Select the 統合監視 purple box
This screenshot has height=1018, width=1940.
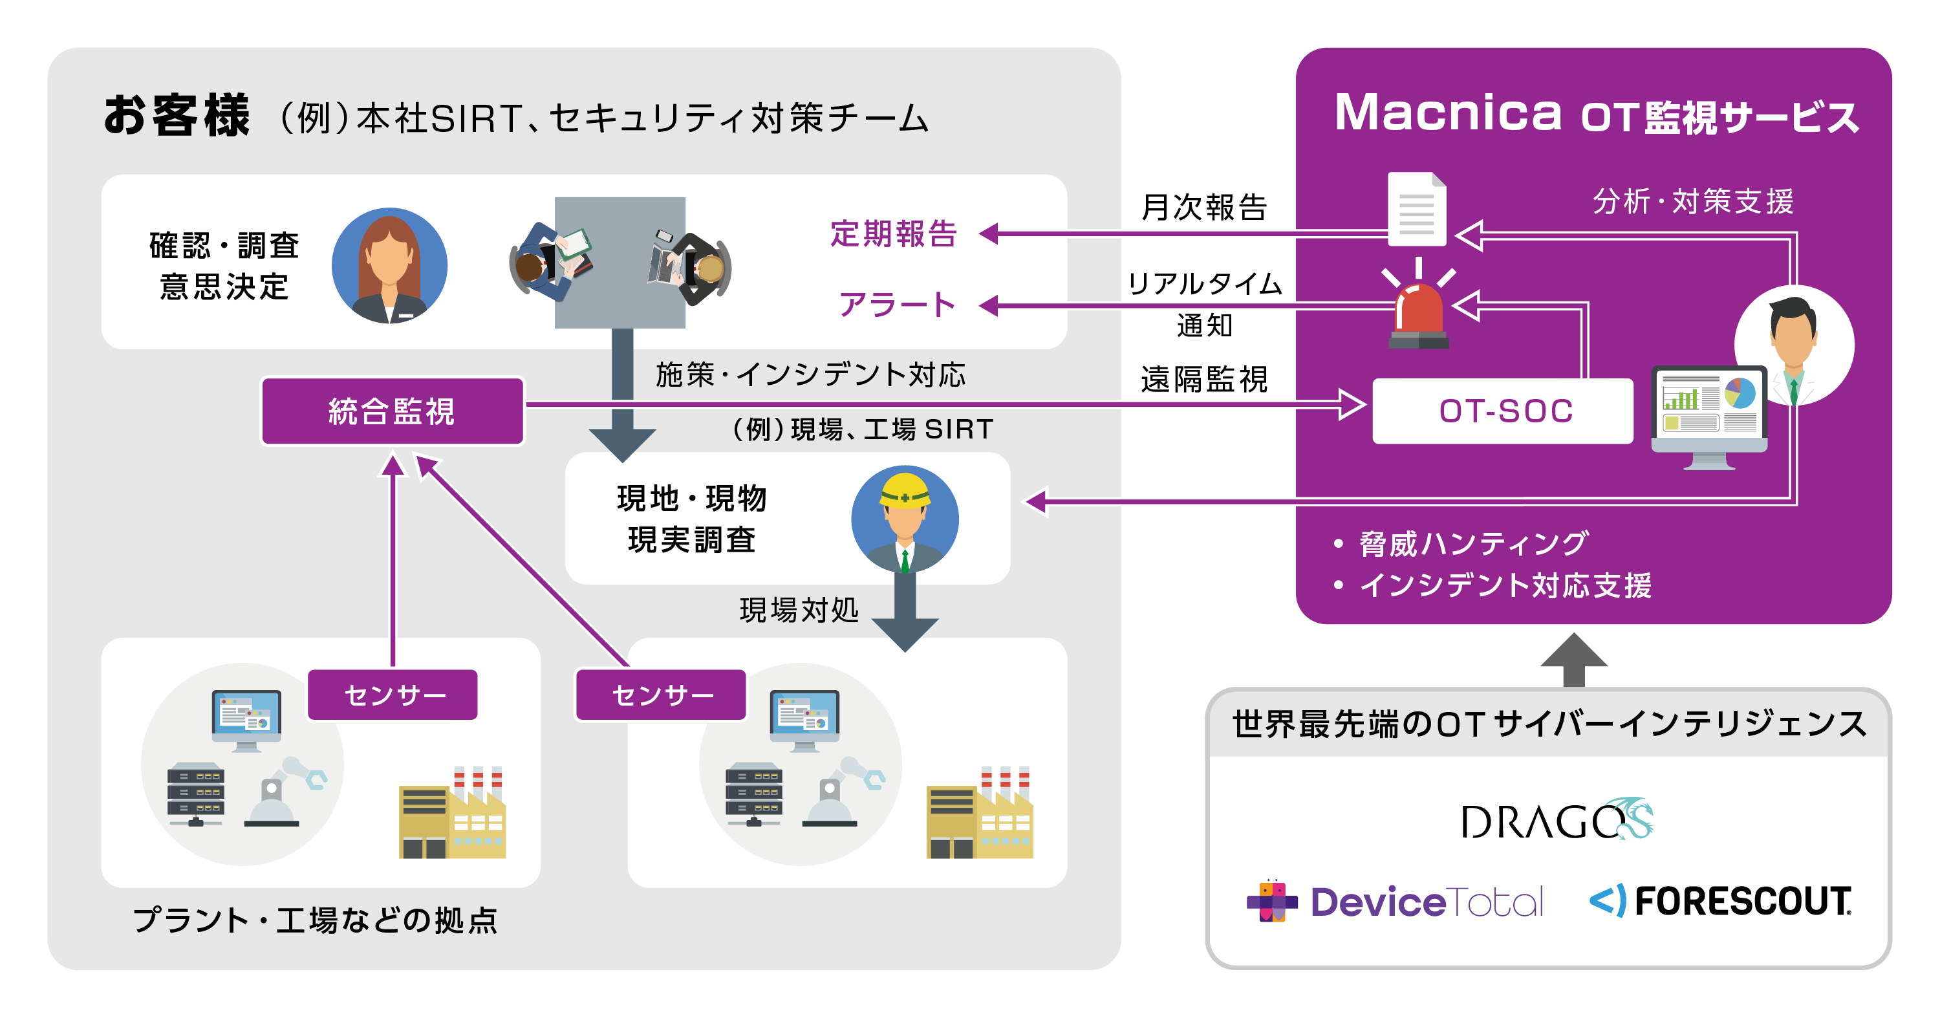point(393,411)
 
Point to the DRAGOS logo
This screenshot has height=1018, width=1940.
point(1556,820)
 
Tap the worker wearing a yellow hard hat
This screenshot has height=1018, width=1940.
point(905,519)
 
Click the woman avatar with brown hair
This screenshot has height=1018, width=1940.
point(389,266)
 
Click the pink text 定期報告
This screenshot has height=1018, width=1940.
point(893,233)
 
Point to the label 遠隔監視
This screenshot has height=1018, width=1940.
point(1203,379)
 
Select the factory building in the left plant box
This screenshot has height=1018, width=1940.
point(452,817)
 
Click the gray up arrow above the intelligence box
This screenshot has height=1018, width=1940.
point(1573,659)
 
